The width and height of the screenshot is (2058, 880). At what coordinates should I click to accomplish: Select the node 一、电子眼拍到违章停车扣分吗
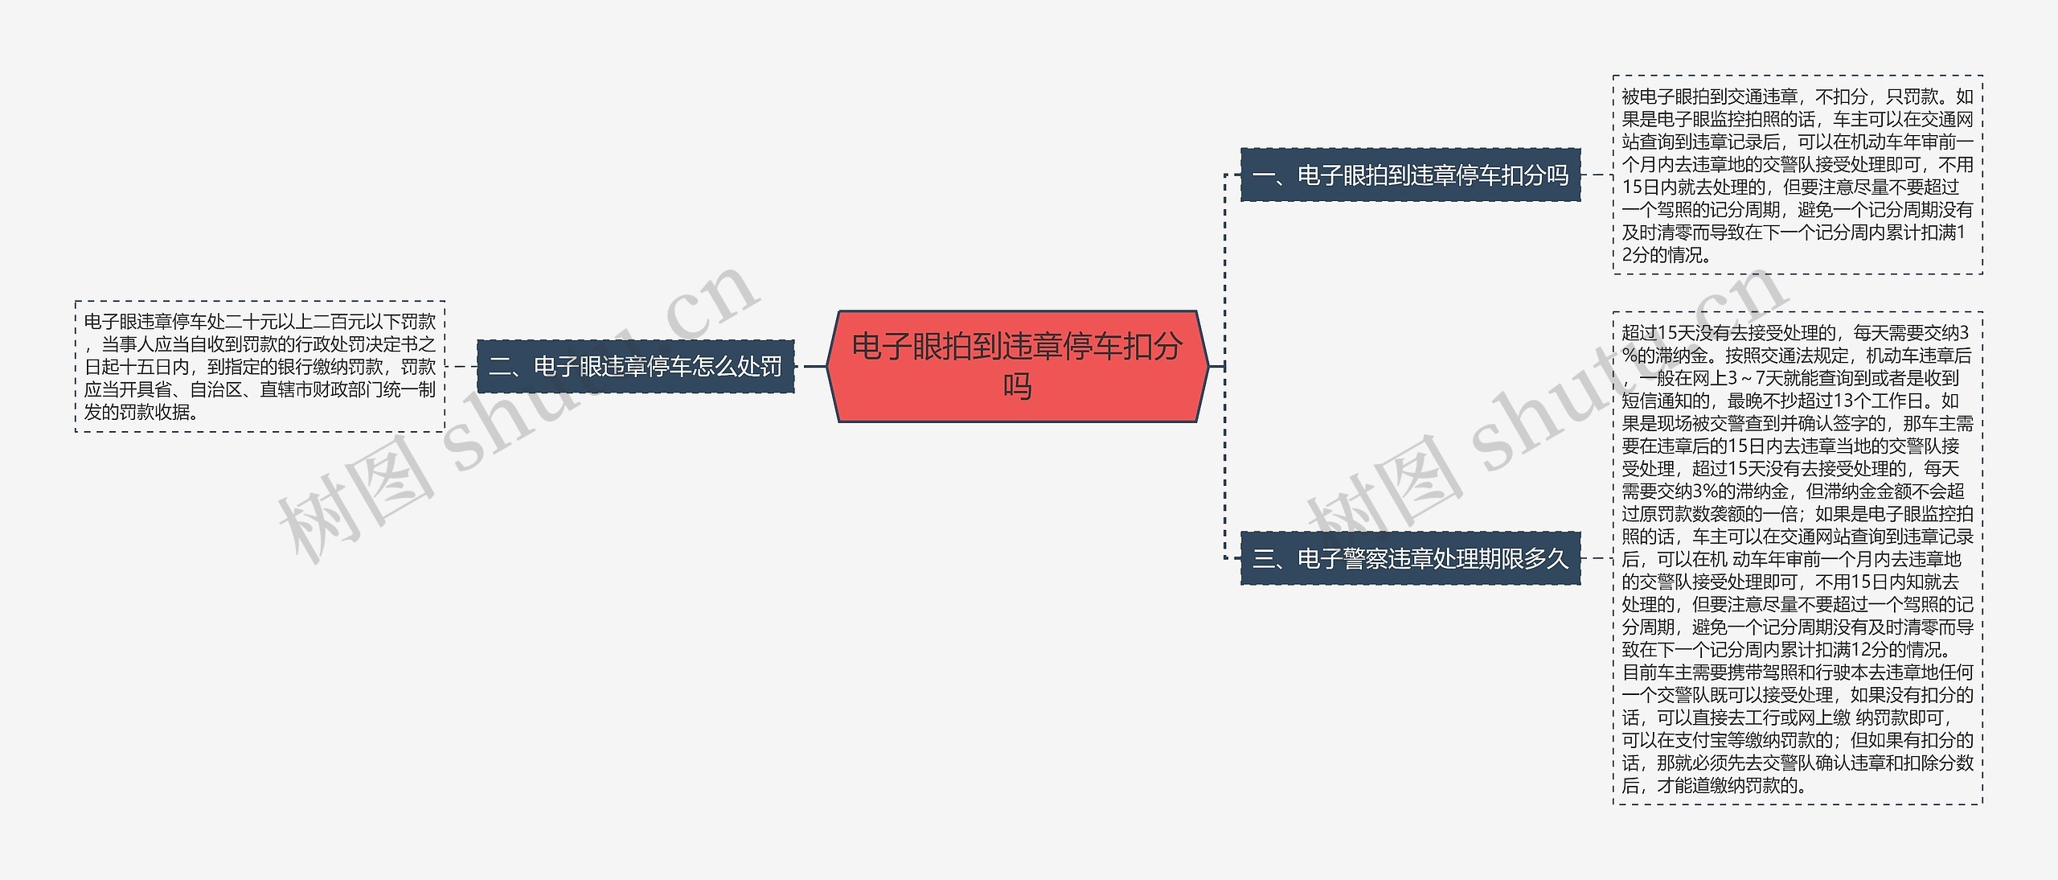pyautogui.click(x=1411, y=175)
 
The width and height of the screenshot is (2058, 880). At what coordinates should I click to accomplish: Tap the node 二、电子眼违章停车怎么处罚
pyautogui.click(x=635, y=367)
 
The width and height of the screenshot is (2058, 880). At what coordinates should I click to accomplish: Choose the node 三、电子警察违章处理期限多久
pyautogui.click(x=1411, y=558)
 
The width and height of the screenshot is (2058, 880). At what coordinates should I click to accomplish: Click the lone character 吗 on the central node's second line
pyautogui.click(x=1017, y=386)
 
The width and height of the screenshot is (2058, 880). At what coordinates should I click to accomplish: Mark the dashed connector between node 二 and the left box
pyautogui.click(x=461, y=367)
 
